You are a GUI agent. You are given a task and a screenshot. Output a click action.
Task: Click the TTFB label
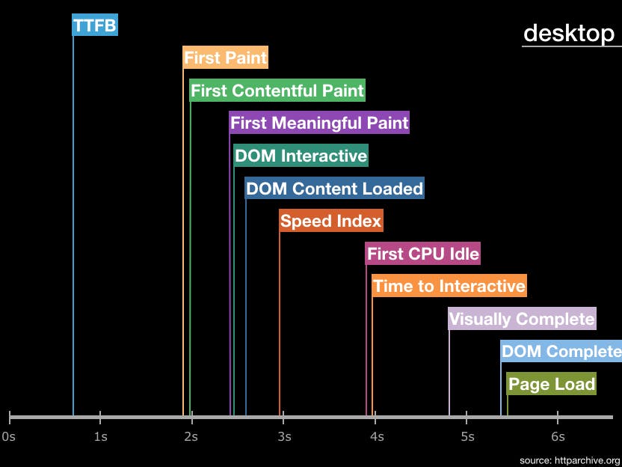click(x=95, y=26)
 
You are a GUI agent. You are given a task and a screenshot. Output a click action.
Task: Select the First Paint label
click(x=225, y=58)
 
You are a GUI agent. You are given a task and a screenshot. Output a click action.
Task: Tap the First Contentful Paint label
click(x=277, y=91)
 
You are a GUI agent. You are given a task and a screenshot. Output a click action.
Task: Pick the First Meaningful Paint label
click(x=319, y=123)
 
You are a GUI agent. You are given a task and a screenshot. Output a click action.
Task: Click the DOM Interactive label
click(x=301, y=156)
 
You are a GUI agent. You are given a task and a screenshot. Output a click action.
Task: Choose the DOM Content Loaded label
click(x=334, y=189)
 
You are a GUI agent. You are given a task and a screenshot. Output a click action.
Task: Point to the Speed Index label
click(x=330, y=221)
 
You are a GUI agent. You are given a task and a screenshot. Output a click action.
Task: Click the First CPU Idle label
click(x=422, y=254)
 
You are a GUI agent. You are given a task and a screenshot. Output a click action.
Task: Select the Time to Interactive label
click(x=449, y=286)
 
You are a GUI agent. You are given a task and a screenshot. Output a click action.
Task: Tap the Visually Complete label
click(x=522, y=319)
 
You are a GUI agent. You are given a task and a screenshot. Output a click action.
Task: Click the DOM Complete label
click(x=561, y=351)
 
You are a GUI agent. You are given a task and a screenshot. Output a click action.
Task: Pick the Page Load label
click(x=551, y=384)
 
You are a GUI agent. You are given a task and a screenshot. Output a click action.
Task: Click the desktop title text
click(x=568, y=33)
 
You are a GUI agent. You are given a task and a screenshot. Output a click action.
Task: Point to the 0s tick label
click(x=9, y=436)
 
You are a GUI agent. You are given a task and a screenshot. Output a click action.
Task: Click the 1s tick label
click(x=100, y=436)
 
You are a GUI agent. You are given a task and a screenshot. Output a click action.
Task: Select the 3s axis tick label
click(x=284, y=436)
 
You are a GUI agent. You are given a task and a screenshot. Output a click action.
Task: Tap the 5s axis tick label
click(x=466, y=436)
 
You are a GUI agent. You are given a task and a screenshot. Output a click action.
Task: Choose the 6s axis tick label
click(x=558, y=436)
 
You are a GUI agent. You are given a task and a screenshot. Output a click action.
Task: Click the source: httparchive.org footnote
click(x=570, y=460)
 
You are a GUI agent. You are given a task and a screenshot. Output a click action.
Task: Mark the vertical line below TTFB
click(x=73, y=225)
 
